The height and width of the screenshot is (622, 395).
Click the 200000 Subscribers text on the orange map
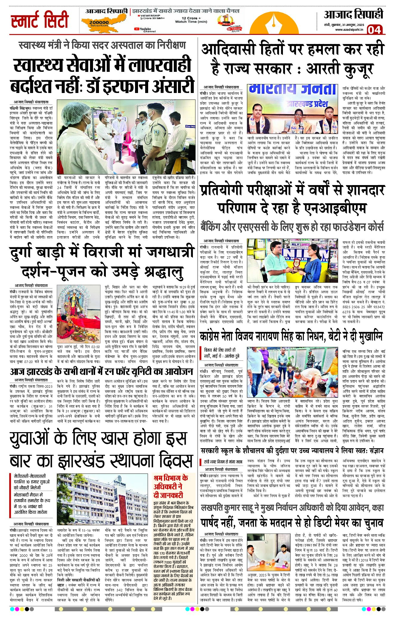coord(99,23)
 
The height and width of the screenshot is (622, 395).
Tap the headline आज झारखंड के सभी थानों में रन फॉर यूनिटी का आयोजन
coord(101,371)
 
